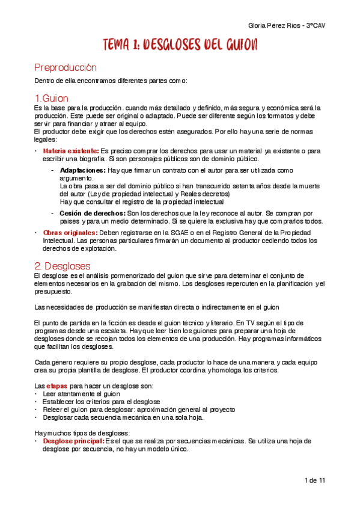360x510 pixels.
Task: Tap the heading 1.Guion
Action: point(51,98)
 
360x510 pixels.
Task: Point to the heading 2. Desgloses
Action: point(63,265)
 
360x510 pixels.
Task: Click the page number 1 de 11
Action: point(316,481)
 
